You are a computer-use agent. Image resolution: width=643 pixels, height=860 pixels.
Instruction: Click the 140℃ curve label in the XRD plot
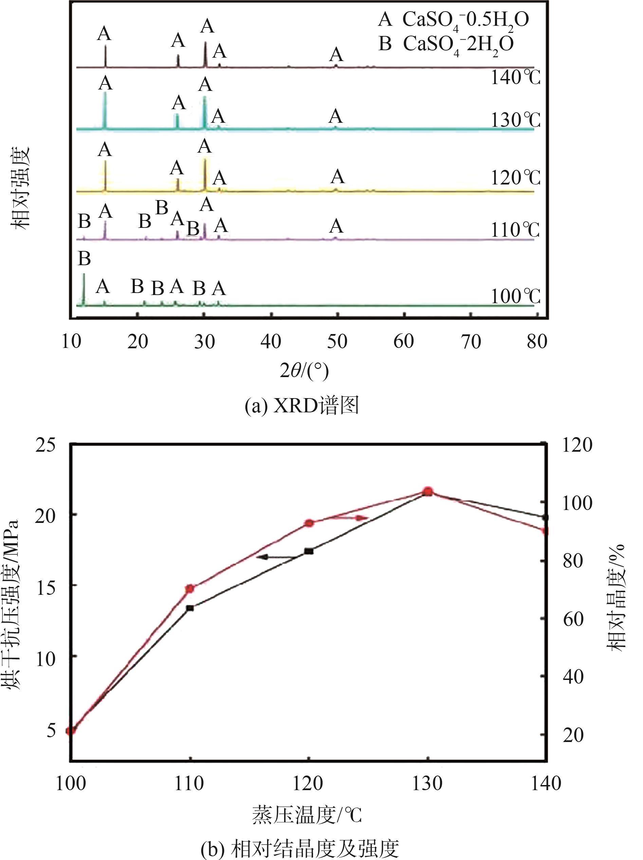[x=515, y=78]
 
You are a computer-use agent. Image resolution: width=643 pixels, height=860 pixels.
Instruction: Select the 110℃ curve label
[x=515, y=230]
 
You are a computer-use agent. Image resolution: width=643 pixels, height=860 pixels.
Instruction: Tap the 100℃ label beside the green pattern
[x=515, y=297]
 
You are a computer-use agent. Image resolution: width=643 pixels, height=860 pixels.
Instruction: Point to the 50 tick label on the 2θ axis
[x=337, y=342]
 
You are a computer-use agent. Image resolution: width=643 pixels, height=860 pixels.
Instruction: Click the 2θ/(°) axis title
[x=305, y=371]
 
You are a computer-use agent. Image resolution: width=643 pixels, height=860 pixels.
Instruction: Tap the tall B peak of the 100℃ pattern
[x=84, y=290]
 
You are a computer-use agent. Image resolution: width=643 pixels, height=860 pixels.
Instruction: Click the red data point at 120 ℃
[x=309, y=523]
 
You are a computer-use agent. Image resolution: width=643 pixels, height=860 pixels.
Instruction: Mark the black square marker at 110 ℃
[x=190, y=608]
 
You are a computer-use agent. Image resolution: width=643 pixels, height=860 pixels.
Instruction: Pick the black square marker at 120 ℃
[x=309, y=551]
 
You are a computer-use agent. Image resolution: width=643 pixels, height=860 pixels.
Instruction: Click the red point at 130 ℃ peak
[x=428, y=491]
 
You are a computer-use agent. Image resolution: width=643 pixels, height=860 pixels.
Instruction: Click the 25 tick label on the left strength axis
[x=45, y=445]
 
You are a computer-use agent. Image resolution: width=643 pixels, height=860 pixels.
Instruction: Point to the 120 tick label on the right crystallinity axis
[x=577, y=445]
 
